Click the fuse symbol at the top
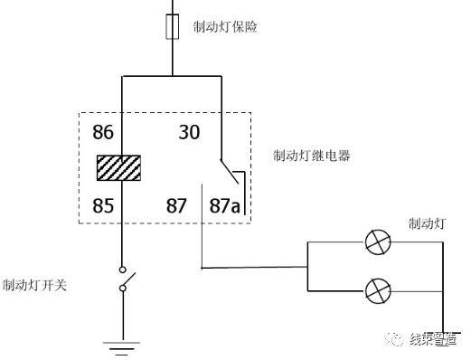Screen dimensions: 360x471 coord(172,27)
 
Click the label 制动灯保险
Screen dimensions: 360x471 coord(225,26)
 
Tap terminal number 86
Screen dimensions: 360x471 coord(104,133)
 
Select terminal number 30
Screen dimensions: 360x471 coord(189,133)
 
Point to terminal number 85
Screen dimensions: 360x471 coord(104,205)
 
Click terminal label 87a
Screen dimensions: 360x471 coord(226,205)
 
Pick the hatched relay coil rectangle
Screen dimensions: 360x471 coord(119,169)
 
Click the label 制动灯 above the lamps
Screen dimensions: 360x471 coord(425,223)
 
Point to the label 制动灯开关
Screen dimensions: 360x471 coord(36,285)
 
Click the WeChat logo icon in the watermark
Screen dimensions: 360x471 coord(394,338)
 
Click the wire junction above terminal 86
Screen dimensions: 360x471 coord(172,77)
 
